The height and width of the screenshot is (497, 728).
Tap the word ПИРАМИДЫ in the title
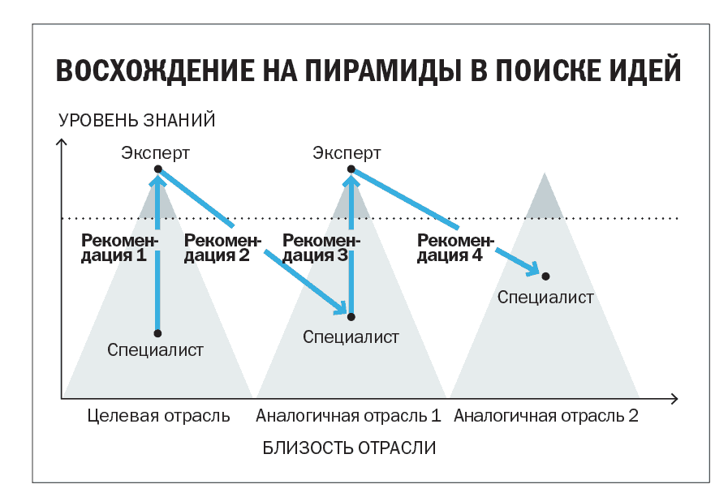pyautogui.click(x=368, y=71)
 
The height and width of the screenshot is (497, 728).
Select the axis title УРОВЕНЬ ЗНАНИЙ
pyautogui.click(x=137, y=121)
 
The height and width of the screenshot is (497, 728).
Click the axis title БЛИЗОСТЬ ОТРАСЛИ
pyautogui.click(x=350, y=448)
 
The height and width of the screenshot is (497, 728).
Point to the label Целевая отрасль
pyautogui.click(x=159, y=417)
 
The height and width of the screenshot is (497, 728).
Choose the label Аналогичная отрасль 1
pyautogui.click(x=348, y=417)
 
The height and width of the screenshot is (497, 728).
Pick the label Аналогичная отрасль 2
pyautogui.click(x=546, y=417)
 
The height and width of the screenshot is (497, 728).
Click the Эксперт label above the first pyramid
pyautogui.click(x=156, y=152)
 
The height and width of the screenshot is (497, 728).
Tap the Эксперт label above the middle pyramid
pyautogui.click(x=347, y=152)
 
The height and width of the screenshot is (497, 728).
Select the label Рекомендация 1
pyautogui.click(x=119, y=247)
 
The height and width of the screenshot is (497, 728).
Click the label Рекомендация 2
pyautogui.click(x=222, y=247)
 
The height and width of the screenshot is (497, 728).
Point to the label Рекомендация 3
pyautogui.click(x=320, y=247)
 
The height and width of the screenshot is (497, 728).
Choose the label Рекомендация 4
pyautogui.click(x=455, y=247)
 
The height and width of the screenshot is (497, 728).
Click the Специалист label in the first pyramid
pyautogui.click(x=155, y=350)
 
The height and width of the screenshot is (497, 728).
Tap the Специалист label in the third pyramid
pyautogui.click(x=545, y=298)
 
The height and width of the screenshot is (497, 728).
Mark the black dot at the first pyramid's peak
pyautogui.click(x=158, y=169)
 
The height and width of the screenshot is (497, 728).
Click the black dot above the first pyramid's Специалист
pyautogui.click(x=157, y=333)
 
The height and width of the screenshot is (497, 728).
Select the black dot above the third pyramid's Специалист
pyautogui.click(x=545, y=277)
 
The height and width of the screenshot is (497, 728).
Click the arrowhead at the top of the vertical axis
pyautogui.click(x=62, y=144)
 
